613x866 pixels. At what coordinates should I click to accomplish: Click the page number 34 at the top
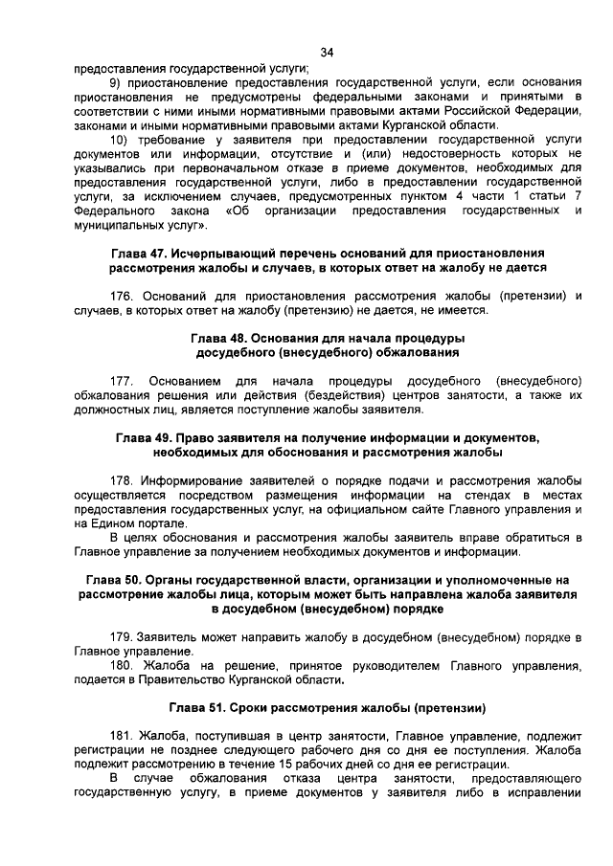pos(327,52)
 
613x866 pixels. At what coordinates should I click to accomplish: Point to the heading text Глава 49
pos(147,437)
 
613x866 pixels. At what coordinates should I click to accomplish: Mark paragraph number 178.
pos(123,479)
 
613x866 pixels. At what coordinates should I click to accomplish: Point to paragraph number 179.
pos(123,636)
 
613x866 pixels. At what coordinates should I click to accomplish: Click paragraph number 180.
pos(123,665)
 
